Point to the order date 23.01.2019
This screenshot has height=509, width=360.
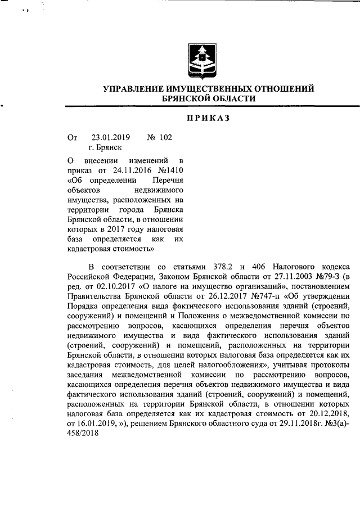(110, 137)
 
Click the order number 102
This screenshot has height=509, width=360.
(166, 137)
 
